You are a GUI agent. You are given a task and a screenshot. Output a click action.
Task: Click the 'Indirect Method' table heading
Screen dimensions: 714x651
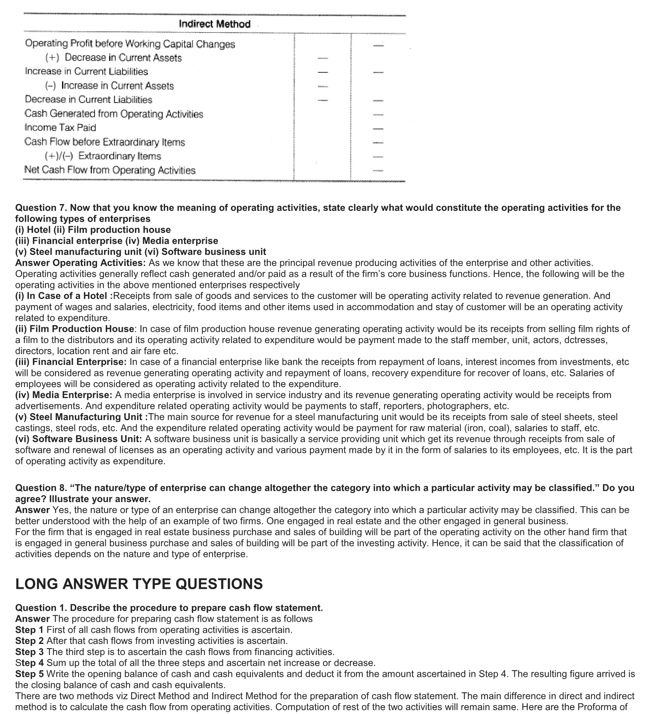click(x=214, y=24)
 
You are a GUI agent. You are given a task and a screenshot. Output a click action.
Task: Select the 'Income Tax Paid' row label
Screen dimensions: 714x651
click(x=60, y=127)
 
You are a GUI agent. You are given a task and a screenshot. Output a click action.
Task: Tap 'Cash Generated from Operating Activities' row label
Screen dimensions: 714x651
click(x=114, y=114)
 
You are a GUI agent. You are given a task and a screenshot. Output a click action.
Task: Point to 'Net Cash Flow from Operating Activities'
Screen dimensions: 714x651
click(x=110, y=170)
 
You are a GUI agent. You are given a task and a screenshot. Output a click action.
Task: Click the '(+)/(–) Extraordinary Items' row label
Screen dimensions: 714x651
click(x=103, y=156)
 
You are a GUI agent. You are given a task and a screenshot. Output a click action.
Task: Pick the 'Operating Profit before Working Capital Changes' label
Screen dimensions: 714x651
click(x=130, y=44)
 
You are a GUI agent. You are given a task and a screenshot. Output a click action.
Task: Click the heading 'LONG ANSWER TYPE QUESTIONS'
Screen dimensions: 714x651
click(x=139, y=584)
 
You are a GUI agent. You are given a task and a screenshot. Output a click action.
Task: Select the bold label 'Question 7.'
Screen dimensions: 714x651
click(x=41, y=208)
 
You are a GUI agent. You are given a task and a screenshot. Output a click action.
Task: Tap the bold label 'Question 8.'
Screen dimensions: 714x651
click(x=41, y=488)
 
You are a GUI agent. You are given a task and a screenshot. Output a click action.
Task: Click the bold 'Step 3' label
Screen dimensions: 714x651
click(x=29, y=652)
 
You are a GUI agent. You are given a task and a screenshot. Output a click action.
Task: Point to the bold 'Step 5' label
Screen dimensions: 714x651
click(x=29, y=674)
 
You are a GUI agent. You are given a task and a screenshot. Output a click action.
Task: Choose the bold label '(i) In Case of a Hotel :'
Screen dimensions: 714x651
click(x=64, y=296)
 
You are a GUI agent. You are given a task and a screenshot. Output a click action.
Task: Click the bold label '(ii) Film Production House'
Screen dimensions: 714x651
click(x=75, y=329)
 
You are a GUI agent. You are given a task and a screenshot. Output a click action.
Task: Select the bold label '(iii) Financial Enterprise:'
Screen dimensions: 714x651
click(x=71, y=362)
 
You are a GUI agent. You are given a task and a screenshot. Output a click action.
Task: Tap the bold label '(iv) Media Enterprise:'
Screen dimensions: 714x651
click(x=64, y=395)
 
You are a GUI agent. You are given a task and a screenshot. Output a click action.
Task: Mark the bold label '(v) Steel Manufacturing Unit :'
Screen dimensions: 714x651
click(x=81, y=417)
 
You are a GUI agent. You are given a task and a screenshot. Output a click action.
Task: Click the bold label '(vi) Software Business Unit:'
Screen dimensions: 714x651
click(x=79, y=439)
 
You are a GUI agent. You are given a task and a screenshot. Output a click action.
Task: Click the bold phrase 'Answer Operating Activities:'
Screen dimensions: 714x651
click(x=80, y=263)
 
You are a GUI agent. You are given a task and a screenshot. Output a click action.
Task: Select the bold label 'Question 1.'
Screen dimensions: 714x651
click(x=41, y=608)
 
